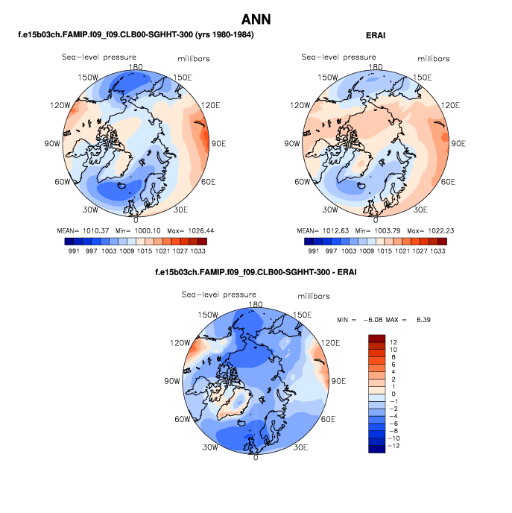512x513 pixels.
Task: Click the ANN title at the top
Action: click(x=256, y=19)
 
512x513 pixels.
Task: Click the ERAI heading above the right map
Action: click(x=376, y=35)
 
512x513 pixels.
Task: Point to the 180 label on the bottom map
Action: click(x=256, y=304)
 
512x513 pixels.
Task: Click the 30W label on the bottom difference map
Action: click(x=209, y=447)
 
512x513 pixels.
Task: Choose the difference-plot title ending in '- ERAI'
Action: click(x=255, y=272)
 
